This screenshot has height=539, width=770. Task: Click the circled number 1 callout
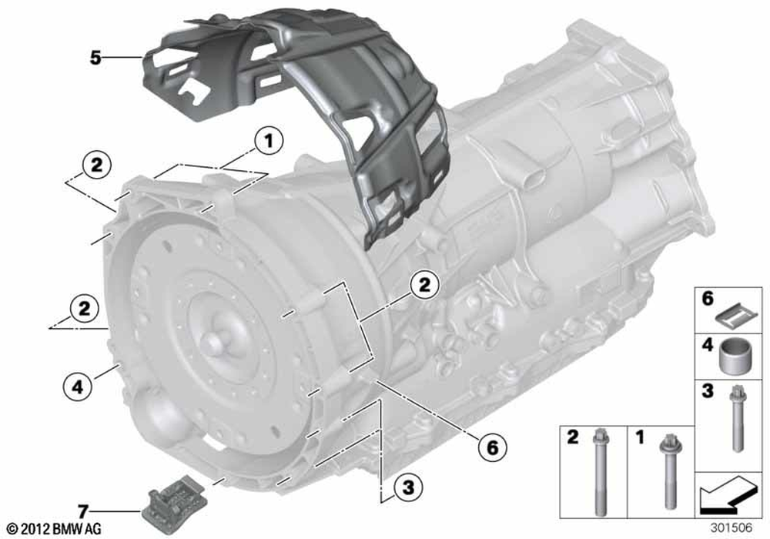269,141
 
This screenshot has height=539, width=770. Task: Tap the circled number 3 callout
408,487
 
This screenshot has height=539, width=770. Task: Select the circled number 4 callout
78,387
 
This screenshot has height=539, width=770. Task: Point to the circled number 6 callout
492,447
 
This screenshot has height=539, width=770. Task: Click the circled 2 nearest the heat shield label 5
96,164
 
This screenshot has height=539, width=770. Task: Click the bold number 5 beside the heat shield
95,58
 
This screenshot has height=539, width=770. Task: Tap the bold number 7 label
82,511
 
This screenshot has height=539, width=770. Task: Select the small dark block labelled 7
172,502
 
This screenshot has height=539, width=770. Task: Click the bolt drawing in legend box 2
600,471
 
